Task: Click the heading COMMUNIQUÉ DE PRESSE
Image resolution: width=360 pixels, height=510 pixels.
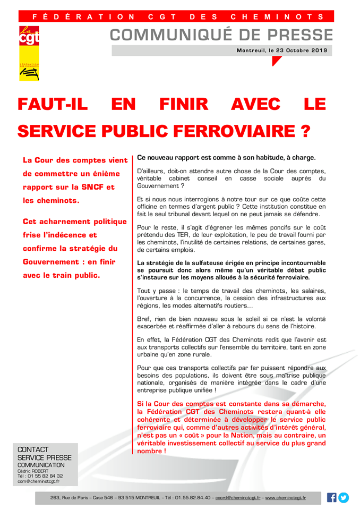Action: [x=221, y=35]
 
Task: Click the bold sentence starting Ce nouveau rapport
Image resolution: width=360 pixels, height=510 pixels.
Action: [x=226, y=157]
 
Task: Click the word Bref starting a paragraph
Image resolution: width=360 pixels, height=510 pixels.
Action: [x=144, y=318]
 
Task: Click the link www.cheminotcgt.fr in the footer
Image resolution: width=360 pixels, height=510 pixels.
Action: [x=286, y=498]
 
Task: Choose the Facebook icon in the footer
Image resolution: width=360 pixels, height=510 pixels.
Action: [x=332, y=498]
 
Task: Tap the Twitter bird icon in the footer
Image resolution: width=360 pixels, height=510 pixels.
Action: [x=344, y=498]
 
